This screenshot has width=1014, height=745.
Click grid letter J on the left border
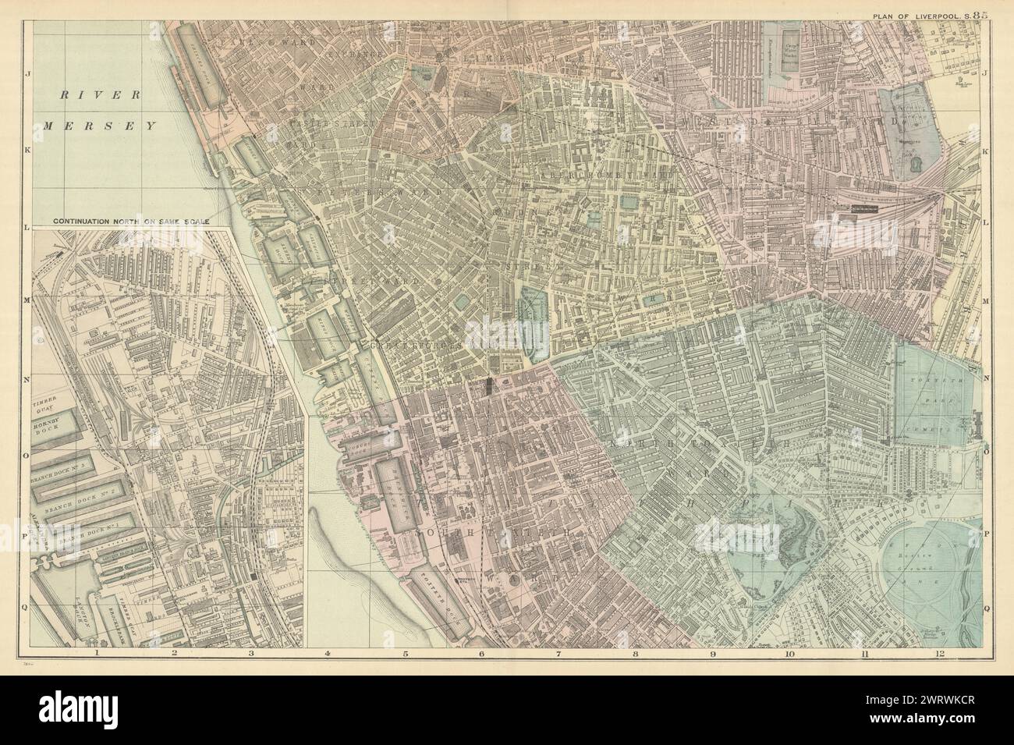(28, 76)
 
